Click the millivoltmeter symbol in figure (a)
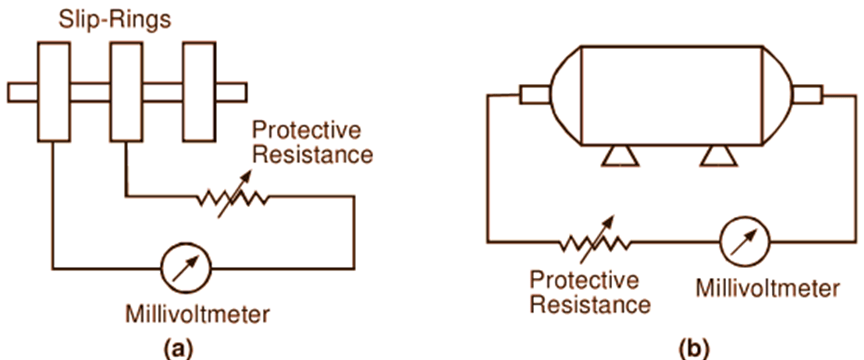(x=185, y=269)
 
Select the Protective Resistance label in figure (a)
(x=312, y=142)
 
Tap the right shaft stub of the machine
(x=806, y=95)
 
